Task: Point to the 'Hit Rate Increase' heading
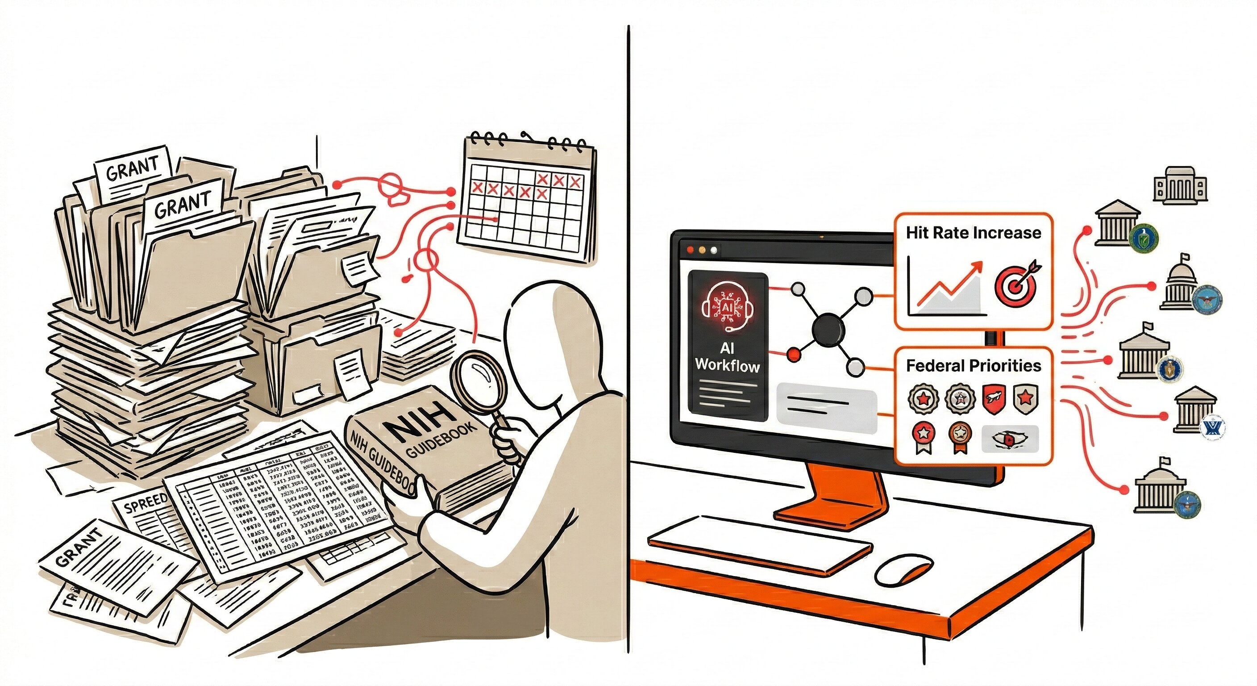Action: click(974, 233)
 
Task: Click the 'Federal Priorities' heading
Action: click(974, 366)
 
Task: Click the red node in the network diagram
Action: click(794, 354)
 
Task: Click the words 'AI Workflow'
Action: click(727, 357)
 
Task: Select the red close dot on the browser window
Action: click(691, 250)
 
